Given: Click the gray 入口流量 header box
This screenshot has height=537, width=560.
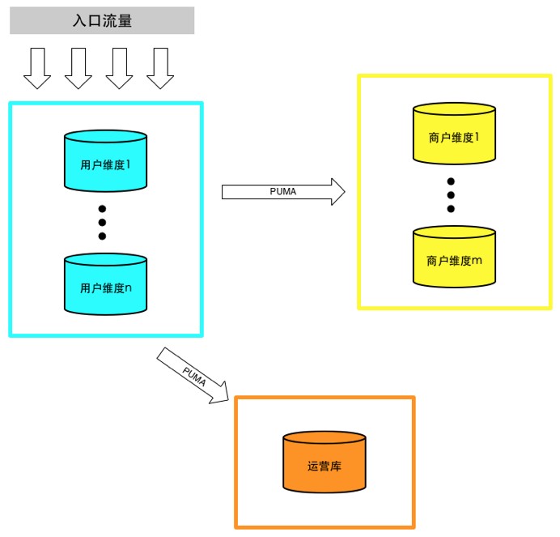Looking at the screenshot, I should point(102,21).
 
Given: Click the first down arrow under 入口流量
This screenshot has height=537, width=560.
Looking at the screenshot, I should point(37,68).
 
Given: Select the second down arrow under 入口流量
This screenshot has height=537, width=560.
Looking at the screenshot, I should point(78,68).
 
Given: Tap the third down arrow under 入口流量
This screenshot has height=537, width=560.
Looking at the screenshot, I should point(119,68).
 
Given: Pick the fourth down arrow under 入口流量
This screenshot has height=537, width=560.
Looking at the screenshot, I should point(160,68).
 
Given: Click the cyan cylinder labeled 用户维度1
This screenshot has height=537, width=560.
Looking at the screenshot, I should point(105,162).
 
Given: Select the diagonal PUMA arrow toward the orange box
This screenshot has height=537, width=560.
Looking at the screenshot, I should point(195,375).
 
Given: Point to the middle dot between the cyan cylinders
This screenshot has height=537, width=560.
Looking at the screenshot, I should point(102,222).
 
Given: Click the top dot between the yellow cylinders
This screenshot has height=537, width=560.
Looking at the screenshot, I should point(451,181).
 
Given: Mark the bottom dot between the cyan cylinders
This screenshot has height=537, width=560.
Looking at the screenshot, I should point(102,236).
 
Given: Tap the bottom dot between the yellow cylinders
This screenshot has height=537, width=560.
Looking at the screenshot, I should point(451,209).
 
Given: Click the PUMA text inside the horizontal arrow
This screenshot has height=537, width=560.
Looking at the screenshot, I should point(282,192).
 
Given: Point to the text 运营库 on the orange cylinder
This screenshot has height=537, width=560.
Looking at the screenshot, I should point(324,466).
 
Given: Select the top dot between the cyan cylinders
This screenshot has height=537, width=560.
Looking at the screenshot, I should point(102,208).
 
